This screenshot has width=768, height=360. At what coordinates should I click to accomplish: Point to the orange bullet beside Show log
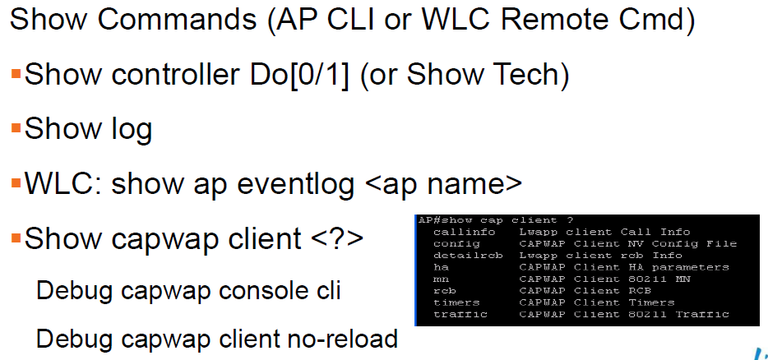[x=16, y=129]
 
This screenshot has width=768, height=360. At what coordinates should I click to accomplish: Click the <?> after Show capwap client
[x=337, y=238]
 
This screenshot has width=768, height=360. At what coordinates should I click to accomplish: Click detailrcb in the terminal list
[x=468, y=255]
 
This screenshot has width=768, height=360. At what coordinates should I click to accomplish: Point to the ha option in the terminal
[x=441, y=267]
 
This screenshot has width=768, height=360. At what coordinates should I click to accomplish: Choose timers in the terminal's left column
[x=456, y=302]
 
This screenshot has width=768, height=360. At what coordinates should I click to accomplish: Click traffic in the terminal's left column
[x=460, y=314]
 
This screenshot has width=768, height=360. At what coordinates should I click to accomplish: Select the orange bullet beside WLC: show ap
[x=16, y=183]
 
